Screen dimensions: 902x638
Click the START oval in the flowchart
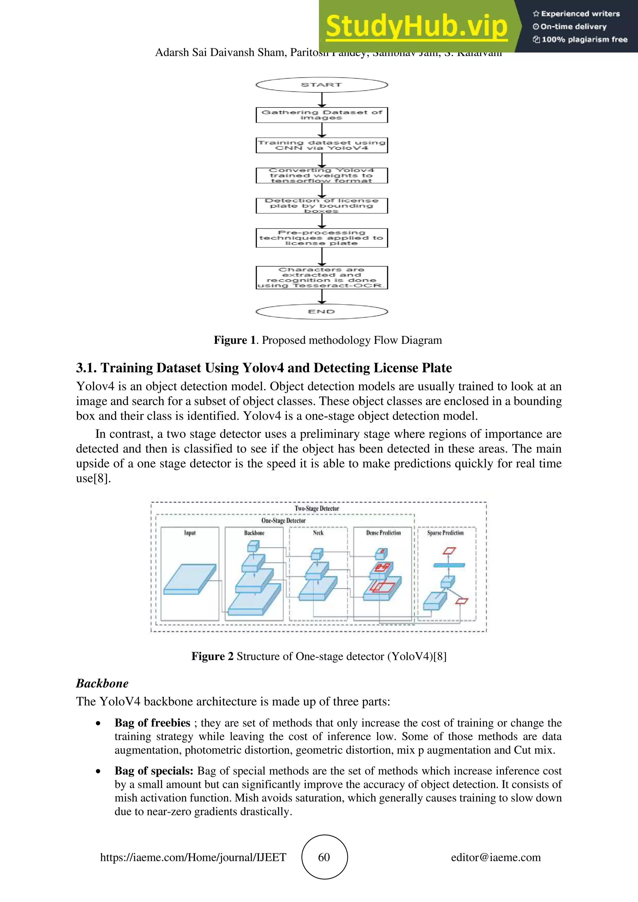[321, 85]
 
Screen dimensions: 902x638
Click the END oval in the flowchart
[321, 311]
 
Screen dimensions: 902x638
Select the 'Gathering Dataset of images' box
[321, 115]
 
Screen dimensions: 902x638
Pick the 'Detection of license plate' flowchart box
[321, 206]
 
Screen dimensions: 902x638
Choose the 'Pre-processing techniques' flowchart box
[321, 238]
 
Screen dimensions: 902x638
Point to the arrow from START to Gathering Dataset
[322, 100]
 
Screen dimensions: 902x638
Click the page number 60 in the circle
[324, 857]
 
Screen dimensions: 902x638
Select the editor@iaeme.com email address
[496, 857]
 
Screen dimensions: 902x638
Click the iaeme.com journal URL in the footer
[193, 857]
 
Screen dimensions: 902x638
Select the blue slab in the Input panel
[190, 579]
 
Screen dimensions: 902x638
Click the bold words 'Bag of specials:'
[154, 771]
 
